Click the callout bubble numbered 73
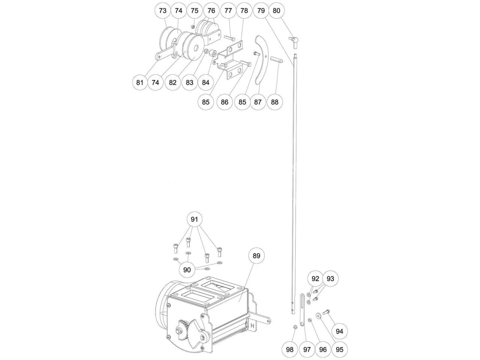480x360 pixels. click(x=163, y=10)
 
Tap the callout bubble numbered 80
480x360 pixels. click(x=276, y=10)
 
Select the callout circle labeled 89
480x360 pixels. click(x=256, y=256)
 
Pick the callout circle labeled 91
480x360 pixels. click(x=194, y=219)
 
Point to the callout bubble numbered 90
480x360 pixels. click(x=187, y=270)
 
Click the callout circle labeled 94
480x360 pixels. click(x=339, y=331)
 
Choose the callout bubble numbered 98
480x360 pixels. click(x=290, y=349)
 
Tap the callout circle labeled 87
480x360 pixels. click(x=258, y=102)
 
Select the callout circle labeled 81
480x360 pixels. click(x=140, y=82)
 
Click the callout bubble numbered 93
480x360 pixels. click(x=330, y=279)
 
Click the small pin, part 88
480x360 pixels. click(x=277, y=60)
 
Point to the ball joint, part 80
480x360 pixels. click(x=293, y=43)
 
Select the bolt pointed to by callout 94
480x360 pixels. click(x=326, y=312)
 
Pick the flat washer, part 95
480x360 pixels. click(x=318, y=315)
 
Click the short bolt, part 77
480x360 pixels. click(x=229, y=39)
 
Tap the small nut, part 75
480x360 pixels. click(x=193, y=27)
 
